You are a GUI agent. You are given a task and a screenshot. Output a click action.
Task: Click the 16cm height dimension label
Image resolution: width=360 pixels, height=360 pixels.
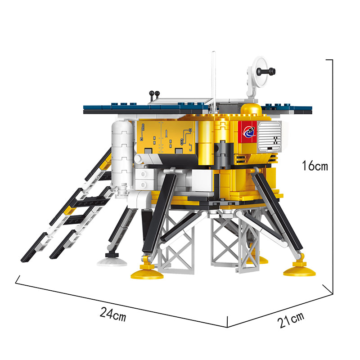click(315, 166)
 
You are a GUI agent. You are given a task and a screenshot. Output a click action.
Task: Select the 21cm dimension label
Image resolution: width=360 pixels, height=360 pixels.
click(290, 319)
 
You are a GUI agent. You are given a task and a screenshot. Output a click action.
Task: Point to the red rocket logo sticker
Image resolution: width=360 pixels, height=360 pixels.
click(247, 132)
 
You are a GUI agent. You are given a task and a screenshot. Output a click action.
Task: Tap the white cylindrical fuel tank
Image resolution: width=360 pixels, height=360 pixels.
click(122, 154)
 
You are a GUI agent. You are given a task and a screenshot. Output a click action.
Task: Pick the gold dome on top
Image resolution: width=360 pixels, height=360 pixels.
click(251, 109)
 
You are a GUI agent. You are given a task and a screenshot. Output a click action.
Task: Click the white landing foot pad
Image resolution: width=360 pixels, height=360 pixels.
click(112, 261)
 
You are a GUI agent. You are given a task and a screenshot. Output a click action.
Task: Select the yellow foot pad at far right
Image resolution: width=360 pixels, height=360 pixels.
click(299, 270)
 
